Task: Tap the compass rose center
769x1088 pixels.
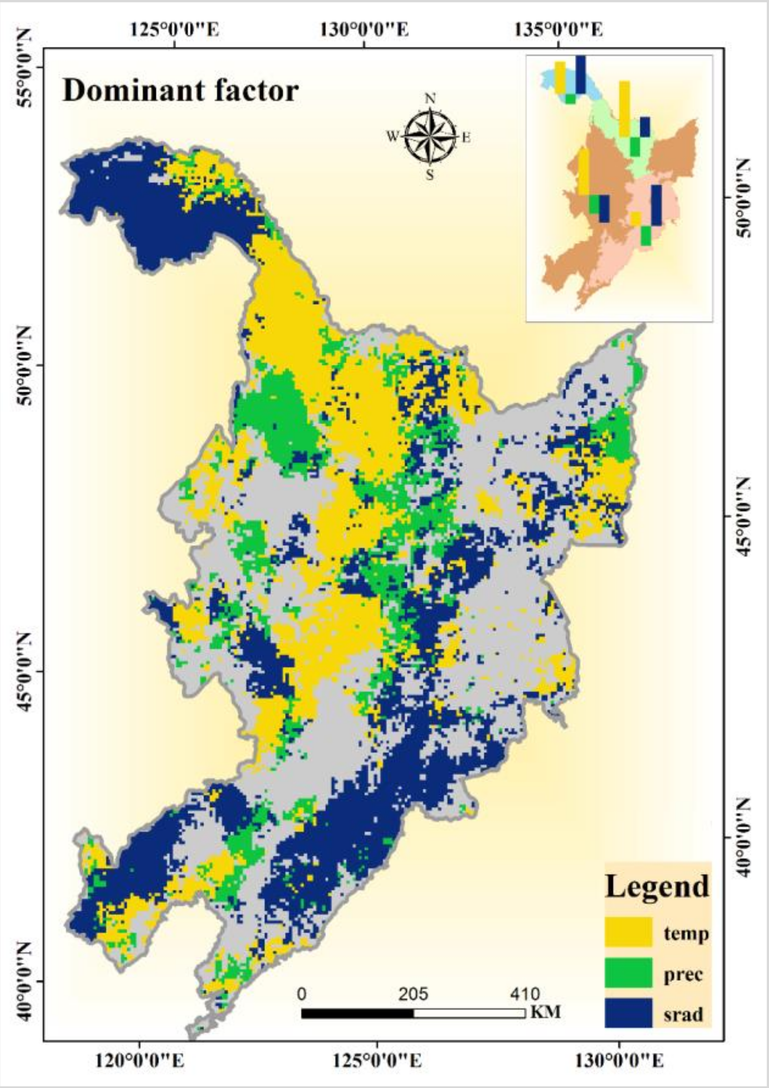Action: click(430, 136)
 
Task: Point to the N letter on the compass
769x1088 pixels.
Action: click(430, 99)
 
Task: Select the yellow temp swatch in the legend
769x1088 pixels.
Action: click(628, 932)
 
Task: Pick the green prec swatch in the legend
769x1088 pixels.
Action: click(628, 972)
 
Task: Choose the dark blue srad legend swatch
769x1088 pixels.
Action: click(628, 1013)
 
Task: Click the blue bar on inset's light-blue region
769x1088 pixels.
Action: click(580, 74)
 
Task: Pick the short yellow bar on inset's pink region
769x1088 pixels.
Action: click(635, 219)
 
